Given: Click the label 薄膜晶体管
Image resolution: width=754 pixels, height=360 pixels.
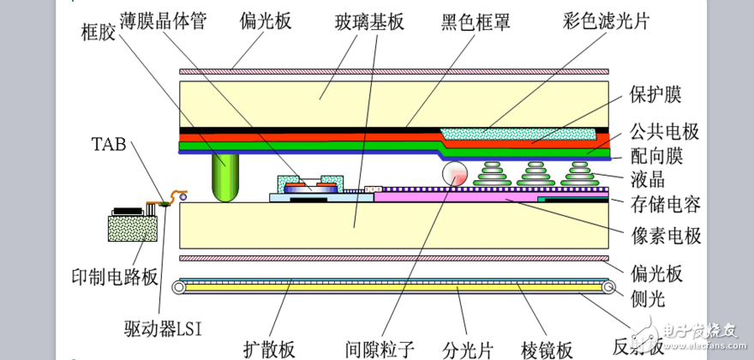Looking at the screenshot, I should pos(168,20).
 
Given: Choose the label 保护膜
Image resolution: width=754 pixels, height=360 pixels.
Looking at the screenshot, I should pos(655,93).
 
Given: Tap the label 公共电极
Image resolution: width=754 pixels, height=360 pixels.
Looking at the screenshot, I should pos(664,132).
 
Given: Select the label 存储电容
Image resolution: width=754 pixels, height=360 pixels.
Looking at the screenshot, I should pos(664,205).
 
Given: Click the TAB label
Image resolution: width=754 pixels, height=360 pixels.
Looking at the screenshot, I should pos(108,143).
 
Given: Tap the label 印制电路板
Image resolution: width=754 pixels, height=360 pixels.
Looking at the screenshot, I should pos(115,277).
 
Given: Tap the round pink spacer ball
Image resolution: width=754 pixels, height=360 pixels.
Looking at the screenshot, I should pos(455,174).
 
